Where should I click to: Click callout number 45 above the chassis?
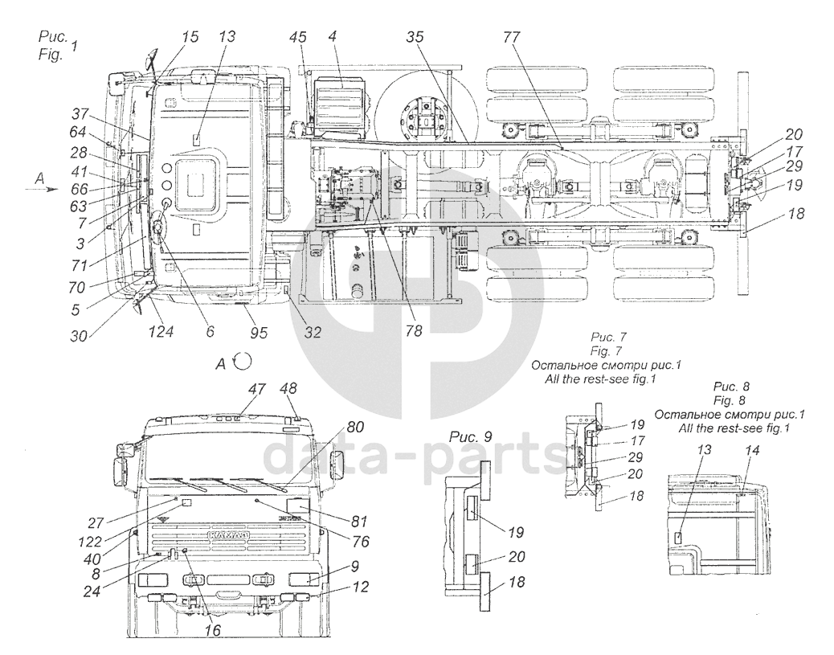point(298,37)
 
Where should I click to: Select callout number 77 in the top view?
point(512,37)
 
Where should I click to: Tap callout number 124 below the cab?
point(161,332)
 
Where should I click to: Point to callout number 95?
point(258,333)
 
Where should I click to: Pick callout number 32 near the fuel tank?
point(313,332)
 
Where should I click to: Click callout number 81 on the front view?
point(359,521)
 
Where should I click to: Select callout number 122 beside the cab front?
point(90,542)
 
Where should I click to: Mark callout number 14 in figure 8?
point(752,450)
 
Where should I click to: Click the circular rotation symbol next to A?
point(243,362)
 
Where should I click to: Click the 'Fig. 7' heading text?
point(606,351)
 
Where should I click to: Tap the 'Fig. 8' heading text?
point(730,400)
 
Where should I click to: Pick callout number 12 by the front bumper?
point(360,587)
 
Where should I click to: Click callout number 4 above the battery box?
point(332,37)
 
